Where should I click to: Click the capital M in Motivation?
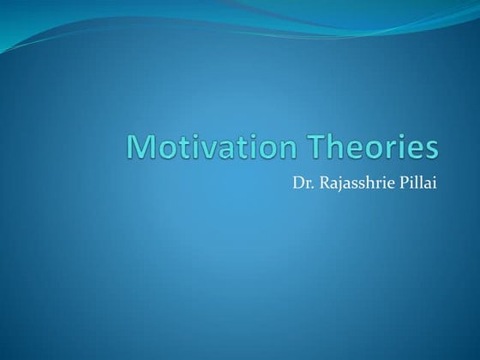(x=142, y=147)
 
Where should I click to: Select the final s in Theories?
(x=430, y=148)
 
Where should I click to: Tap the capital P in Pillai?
(x=404, y=182)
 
